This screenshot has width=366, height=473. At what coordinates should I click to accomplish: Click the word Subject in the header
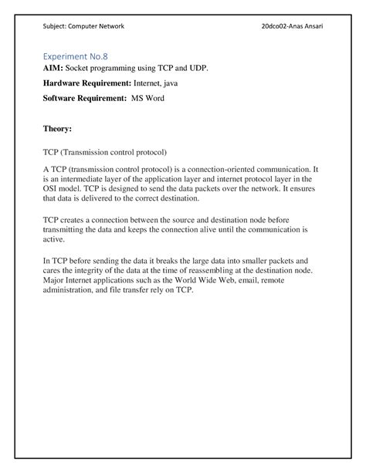(56, 26)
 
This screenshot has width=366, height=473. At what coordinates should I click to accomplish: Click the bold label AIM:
(53, 69)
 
